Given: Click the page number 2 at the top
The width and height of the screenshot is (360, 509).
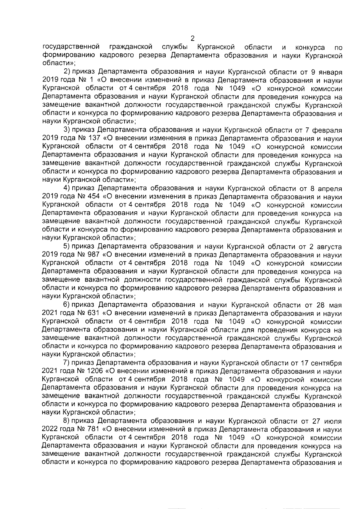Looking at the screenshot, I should (192, 38).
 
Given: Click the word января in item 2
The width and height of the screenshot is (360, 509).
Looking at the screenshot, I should (329, 72).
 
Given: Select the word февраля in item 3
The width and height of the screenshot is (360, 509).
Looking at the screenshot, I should (327, 131).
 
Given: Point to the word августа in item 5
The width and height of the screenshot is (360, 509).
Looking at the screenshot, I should (328, 247).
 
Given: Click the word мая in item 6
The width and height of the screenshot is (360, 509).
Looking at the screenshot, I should (335, 305).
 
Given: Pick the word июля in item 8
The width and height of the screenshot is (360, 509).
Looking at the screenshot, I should (333, 421).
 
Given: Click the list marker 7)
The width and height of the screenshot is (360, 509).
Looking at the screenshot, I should (67, 363).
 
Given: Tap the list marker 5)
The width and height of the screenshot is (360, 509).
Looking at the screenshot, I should (67, 247).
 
